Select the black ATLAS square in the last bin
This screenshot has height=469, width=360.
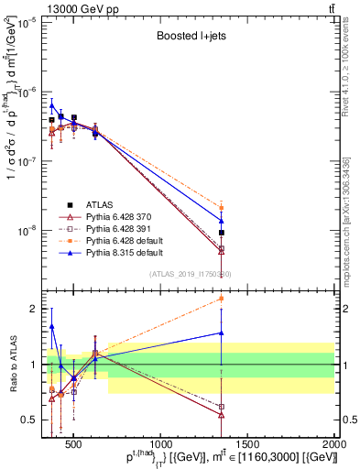point(222,233)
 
